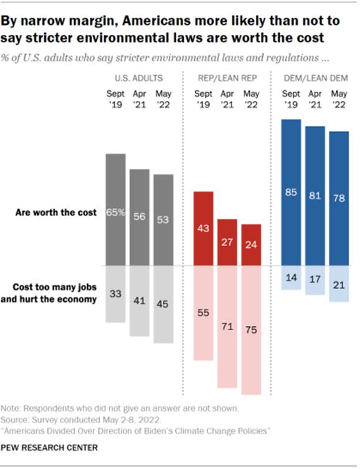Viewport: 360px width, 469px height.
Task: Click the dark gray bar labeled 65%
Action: (x=116, y=209)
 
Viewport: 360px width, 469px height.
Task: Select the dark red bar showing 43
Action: (x=204, y=228)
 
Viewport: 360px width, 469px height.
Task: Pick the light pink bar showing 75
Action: (x=250, y=329)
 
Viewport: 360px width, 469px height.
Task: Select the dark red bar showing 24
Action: (x=250, y=244)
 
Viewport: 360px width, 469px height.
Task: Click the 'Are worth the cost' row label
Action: (x=57, y=212)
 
